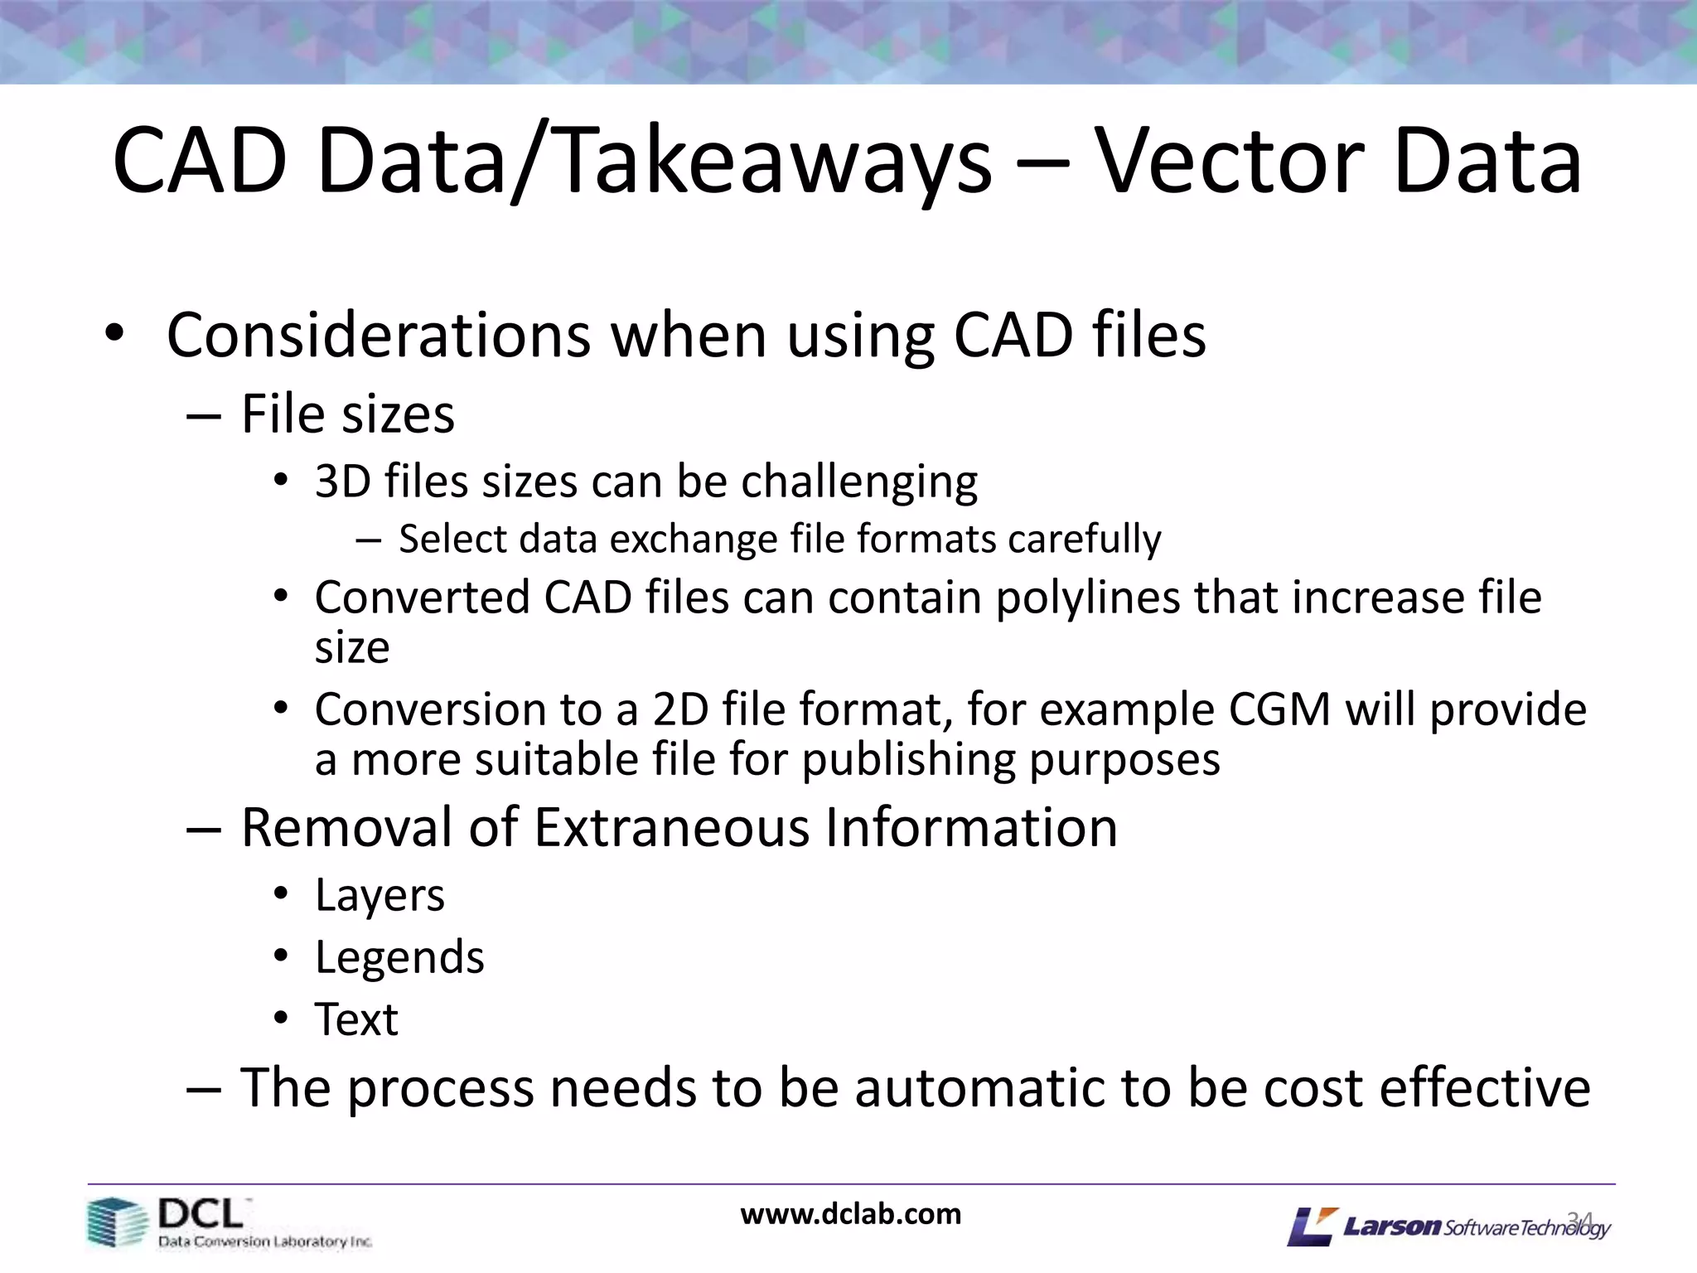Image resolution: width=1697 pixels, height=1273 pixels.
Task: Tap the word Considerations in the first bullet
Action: pos(378,336)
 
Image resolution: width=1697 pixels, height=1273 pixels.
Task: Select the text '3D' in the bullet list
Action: pos(341,482)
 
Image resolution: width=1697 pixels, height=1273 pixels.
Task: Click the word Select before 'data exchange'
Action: pos(445,540)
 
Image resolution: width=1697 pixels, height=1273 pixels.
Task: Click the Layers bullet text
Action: pos(380,896)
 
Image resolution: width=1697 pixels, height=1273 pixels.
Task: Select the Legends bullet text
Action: pos(399,958)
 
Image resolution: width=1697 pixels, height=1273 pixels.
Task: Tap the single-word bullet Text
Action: pos(356,1019)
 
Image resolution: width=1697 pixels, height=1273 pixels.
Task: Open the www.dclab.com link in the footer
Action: pos(850,1215)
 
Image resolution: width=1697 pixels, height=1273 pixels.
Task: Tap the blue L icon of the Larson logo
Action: pos(1312,1227)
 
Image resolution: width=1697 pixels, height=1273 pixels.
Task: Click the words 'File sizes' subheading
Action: pos(347,414)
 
